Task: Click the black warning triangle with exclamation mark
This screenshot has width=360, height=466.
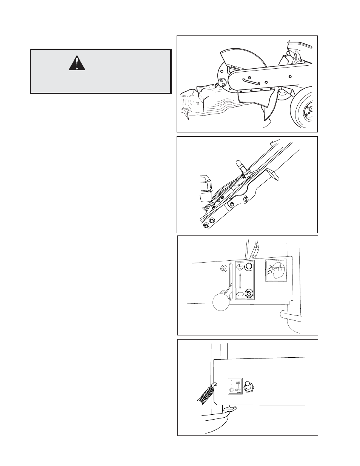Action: (77, 63)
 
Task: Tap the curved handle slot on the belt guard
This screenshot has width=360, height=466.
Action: (251, 81)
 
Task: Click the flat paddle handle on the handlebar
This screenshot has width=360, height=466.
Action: (272, 174)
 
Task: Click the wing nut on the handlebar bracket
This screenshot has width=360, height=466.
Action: (246, 199)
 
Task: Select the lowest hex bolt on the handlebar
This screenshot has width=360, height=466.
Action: (206, 225)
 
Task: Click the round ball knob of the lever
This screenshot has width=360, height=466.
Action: (221, 302)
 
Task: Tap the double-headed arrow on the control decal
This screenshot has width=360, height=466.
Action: (240, 281)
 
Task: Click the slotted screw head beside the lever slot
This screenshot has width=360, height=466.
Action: (224, 268)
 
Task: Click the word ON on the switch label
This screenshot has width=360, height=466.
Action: (238, 383)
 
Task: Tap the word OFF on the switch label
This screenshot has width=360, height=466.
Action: (238, 390)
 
